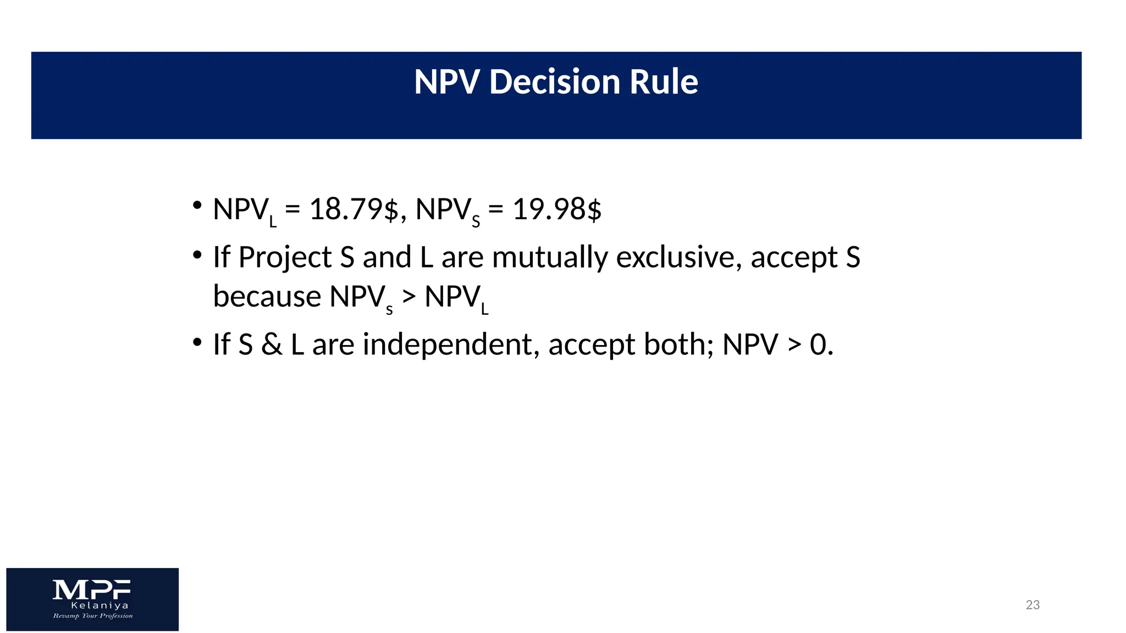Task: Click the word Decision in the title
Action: [554, 82]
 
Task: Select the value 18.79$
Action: [354, 209]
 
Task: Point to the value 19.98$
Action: [557, 209]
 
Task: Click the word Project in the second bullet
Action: [285, 257]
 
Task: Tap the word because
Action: [267, 297]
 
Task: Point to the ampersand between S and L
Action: [272, 345]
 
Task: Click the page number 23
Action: [1033, 605]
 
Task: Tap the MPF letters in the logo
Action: [92, 590]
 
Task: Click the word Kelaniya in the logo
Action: [100, 606]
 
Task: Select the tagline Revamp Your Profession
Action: [93, 616]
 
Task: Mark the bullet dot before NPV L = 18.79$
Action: [197, 206]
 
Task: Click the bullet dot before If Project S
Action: [197, 254]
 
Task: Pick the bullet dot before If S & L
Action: [197, 342]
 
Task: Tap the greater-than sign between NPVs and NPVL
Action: [409, 297]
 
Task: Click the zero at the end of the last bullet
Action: [818, 345]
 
